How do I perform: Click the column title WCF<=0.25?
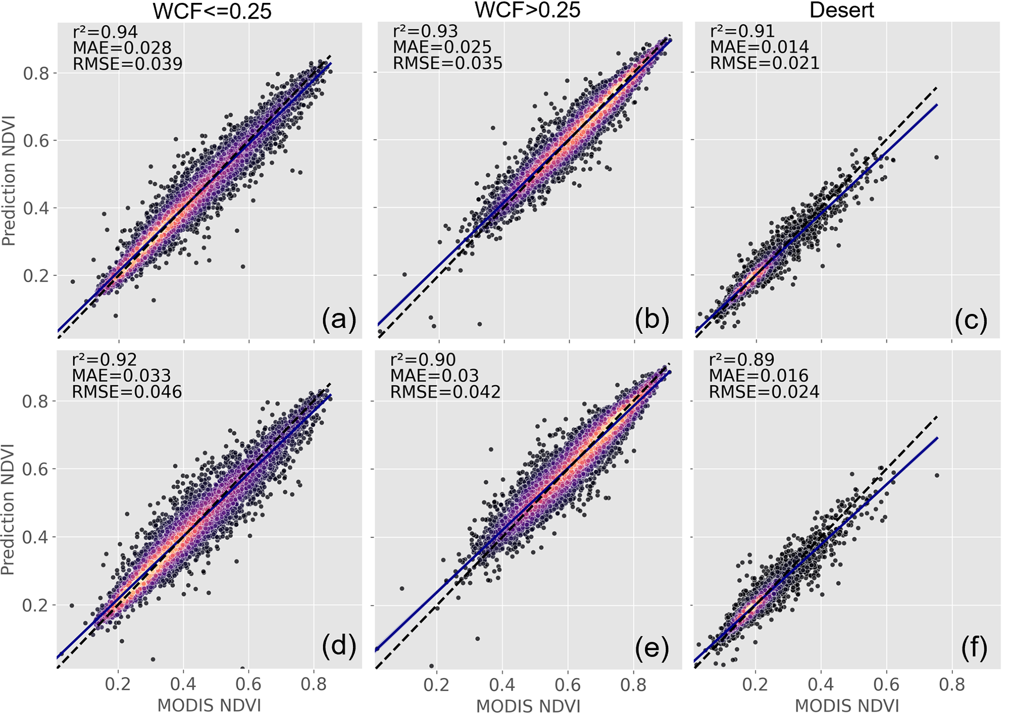[212, 11]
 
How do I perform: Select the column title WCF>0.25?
[528, 10]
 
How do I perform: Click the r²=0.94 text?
[105, 32]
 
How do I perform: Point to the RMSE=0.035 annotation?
[448, 63]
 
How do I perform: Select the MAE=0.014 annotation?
[759, 47]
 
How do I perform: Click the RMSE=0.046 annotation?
[127, 392]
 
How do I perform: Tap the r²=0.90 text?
[423, 360]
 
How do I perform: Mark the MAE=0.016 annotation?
[759, 376]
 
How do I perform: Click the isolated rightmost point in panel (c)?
[936, 157]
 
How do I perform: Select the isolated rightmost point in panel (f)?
[936, 475]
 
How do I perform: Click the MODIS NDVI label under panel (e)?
[528, 706]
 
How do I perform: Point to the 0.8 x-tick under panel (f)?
[952, 685]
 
